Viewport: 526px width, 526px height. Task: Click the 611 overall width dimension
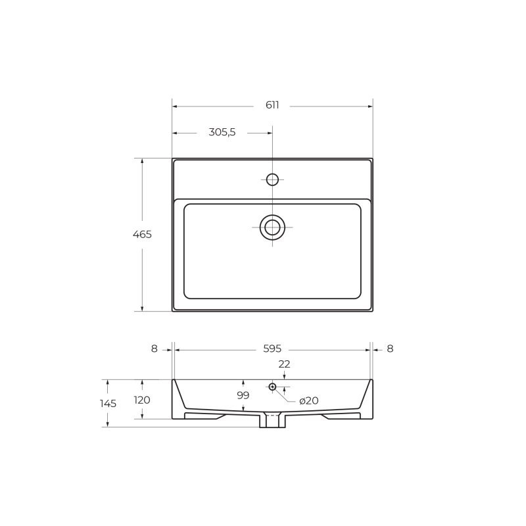(x=272, y=105)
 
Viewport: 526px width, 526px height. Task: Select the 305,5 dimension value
(x=222, y=132)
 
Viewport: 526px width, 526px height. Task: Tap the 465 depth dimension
(x=142, y=234)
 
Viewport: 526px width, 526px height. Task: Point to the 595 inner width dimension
(x=272, y=349)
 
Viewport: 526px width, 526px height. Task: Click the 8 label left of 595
(x=155, y=349)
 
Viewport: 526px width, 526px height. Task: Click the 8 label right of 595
(x=390, y=349)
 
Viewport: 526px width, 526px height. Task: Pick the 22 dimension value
(x=284, y=364)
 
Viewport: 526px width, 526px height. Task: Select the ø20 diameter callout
(x=308, y=400)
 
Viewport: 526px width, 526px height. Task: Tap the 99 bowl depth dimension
(x=243, y=396)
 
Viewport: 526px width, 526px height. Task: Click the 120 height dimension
(x=142, y=400)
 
